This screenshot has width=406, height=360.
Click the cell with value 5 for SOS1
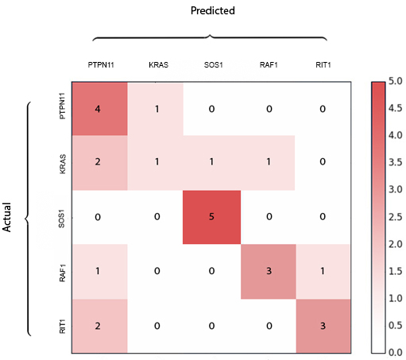pyautogui.click(x=212, y=217)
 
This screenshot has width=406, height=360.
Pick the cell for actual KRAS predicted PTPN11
pyautogui.click(x=101, y=162)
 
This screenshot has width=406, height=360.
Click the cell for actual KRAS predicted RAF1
pyautogui.click(x=268, y=162)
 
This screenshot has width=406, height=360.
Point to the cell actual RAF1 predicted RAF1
pyautogui.click(x=268, y=272)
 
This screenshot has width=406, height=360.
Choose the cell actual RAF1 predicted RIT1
pyautogui.click(x=323, y=272)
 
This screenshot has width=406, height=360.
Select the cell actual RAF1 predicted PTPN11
pyautogui.click(x=101, y=272)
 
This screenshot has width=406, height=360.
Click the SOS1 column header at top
pyautogui.click(x=211, y=64)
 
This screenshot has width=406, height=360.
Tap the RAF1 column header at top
pyautogui.click(x=267, y=64)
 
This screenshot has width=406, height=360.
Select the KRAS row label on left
pyautogui.click(x=63, y=162)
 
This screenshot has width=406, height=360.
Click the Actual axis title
pyautogui.click(x=7, y=216)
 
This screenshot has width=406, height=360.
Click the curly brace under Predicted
pyautogui.click(x=211, y=37)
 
